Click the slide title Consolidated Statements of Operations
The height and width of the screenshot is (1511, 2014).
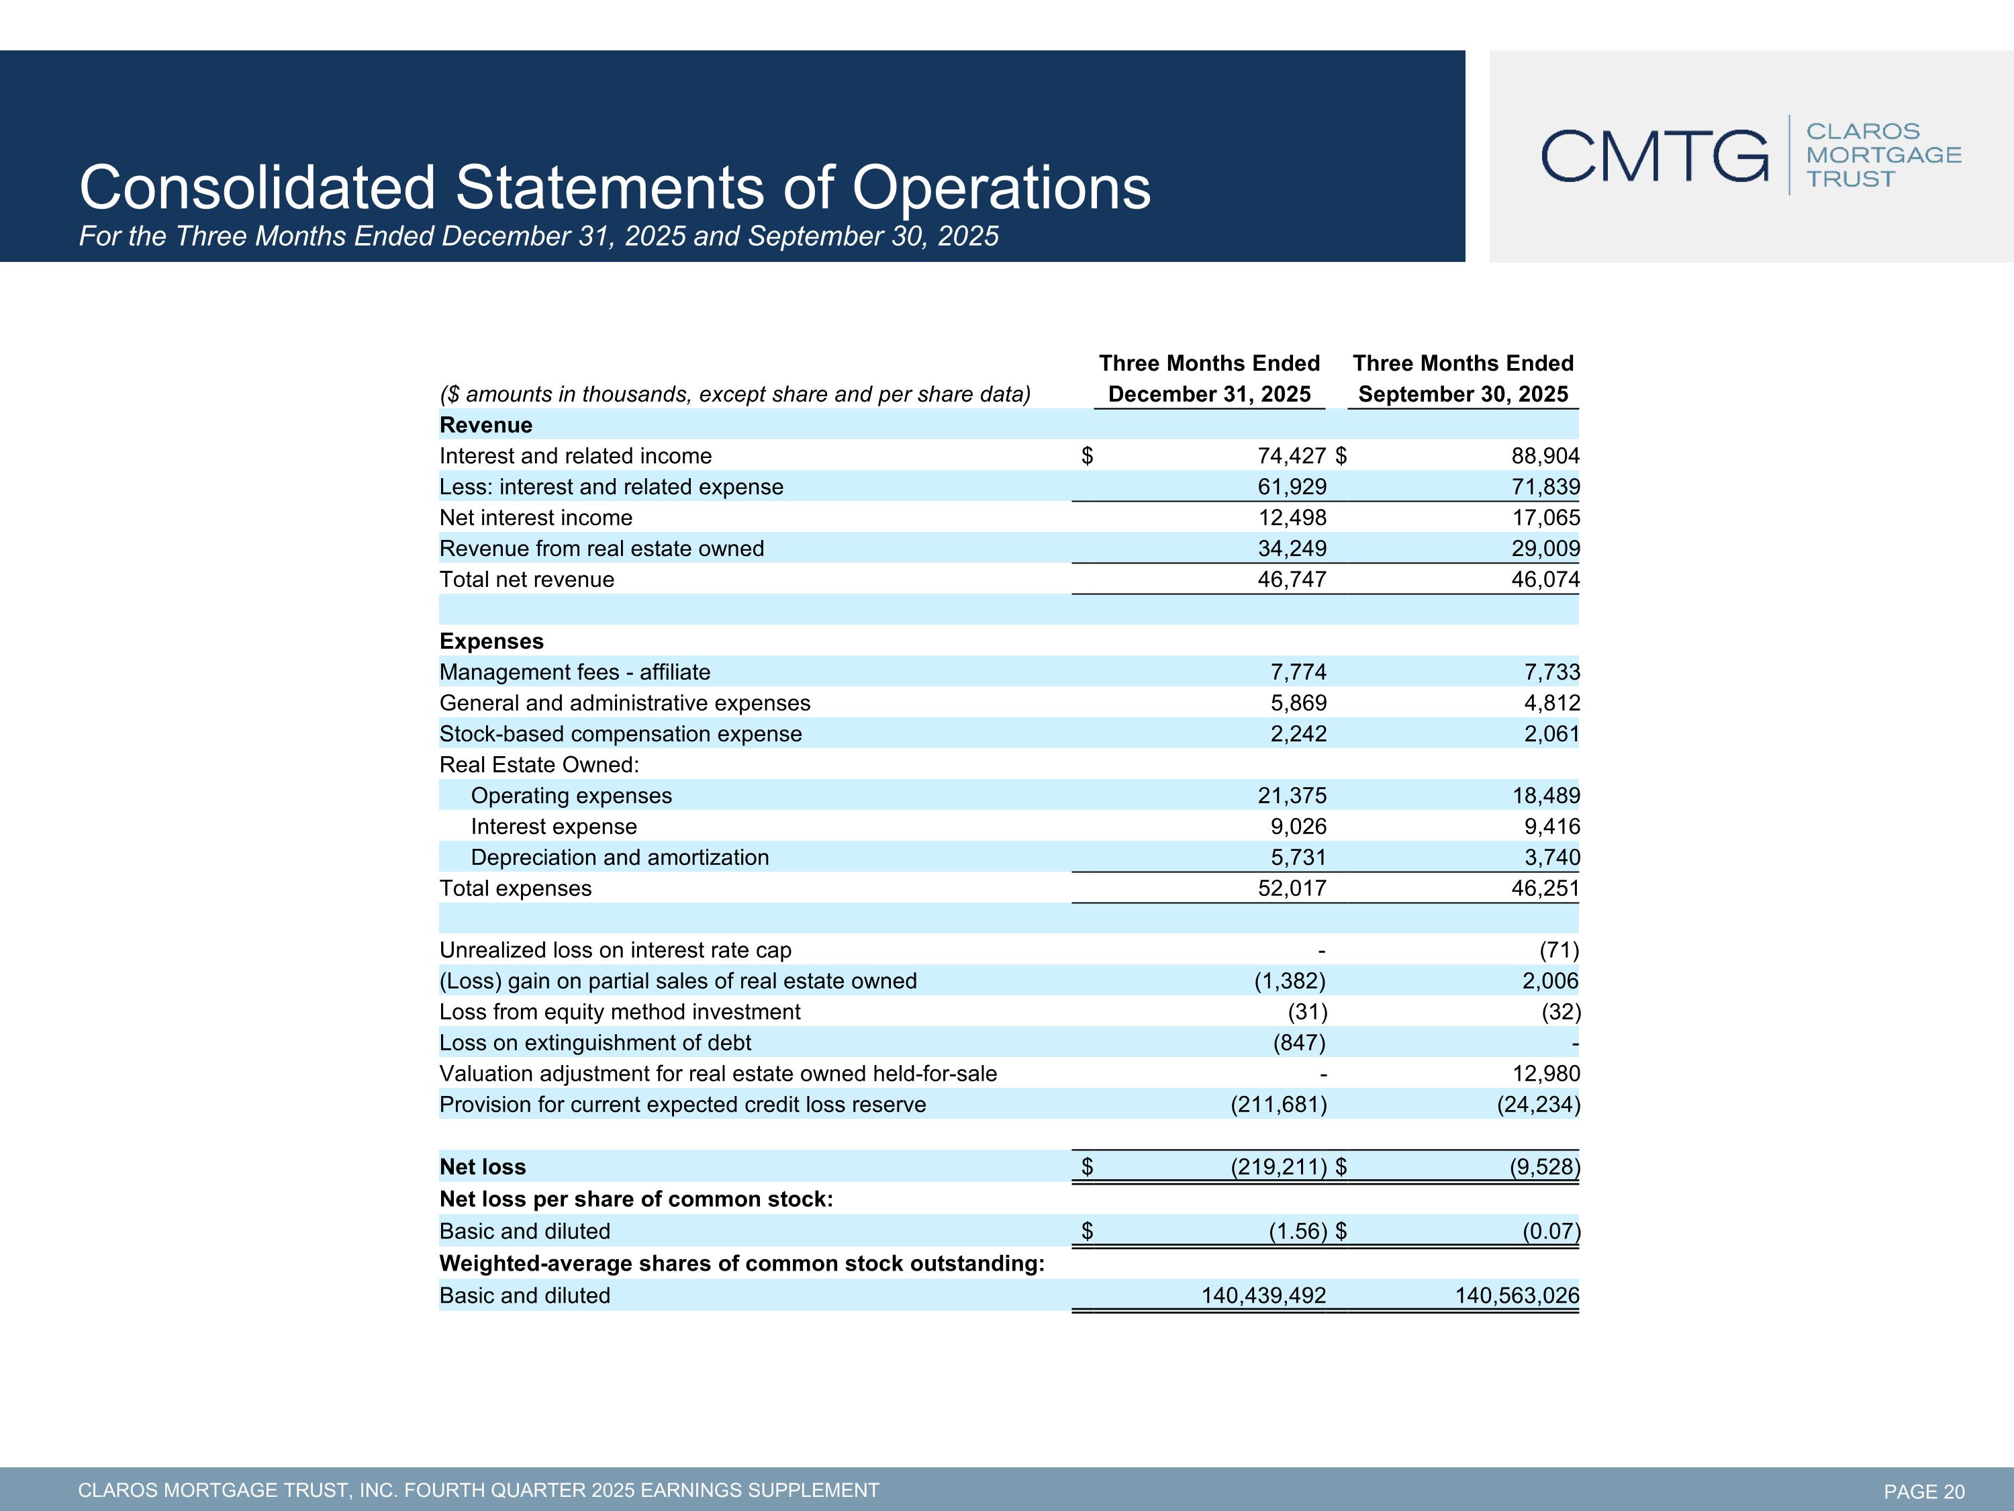pyautogui.click(x=614, y=187)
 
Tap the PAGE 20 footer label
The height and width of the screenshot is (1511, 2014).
pyautogui.click(x=1924, y=1491)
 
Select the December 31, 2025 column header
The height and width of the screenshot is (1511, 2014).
pyautogui.click(x=1209, y=394)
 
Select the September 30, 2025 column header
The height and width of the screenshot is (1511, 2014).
pyautogui.click(x=1462, y=394)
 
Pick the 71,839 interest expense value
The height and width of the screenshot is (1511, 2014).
pyautogui.click(x=1545, y=488)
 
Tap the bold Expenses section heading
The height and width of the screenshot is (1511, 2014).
pyautogui.click(x=491, y=641)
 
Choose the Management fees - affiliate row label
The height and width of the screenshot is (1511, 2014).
pyautogui.click(x=575, y=672)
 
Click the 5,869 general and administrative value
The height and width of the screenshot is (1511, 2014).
pyautogui.click(x=1298, y=703)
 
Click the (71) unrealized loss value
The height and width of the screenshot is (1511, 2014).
pyautogui.click(x=1559, y=951)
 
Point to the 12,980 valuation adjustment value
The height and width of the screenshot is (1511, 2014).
pyautogui.click(x=1545, y=1074)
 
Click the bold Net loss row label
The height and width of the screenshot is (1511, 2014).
pyautogui.click(x=483, y=1166)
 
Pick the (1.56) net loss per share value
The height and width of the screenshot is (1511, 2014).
pyautogui.click(x=1298, y=1232)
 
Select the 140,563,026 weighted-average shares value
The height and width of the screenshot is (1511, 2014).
pyautogui.click(x=1516, y=1296)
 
